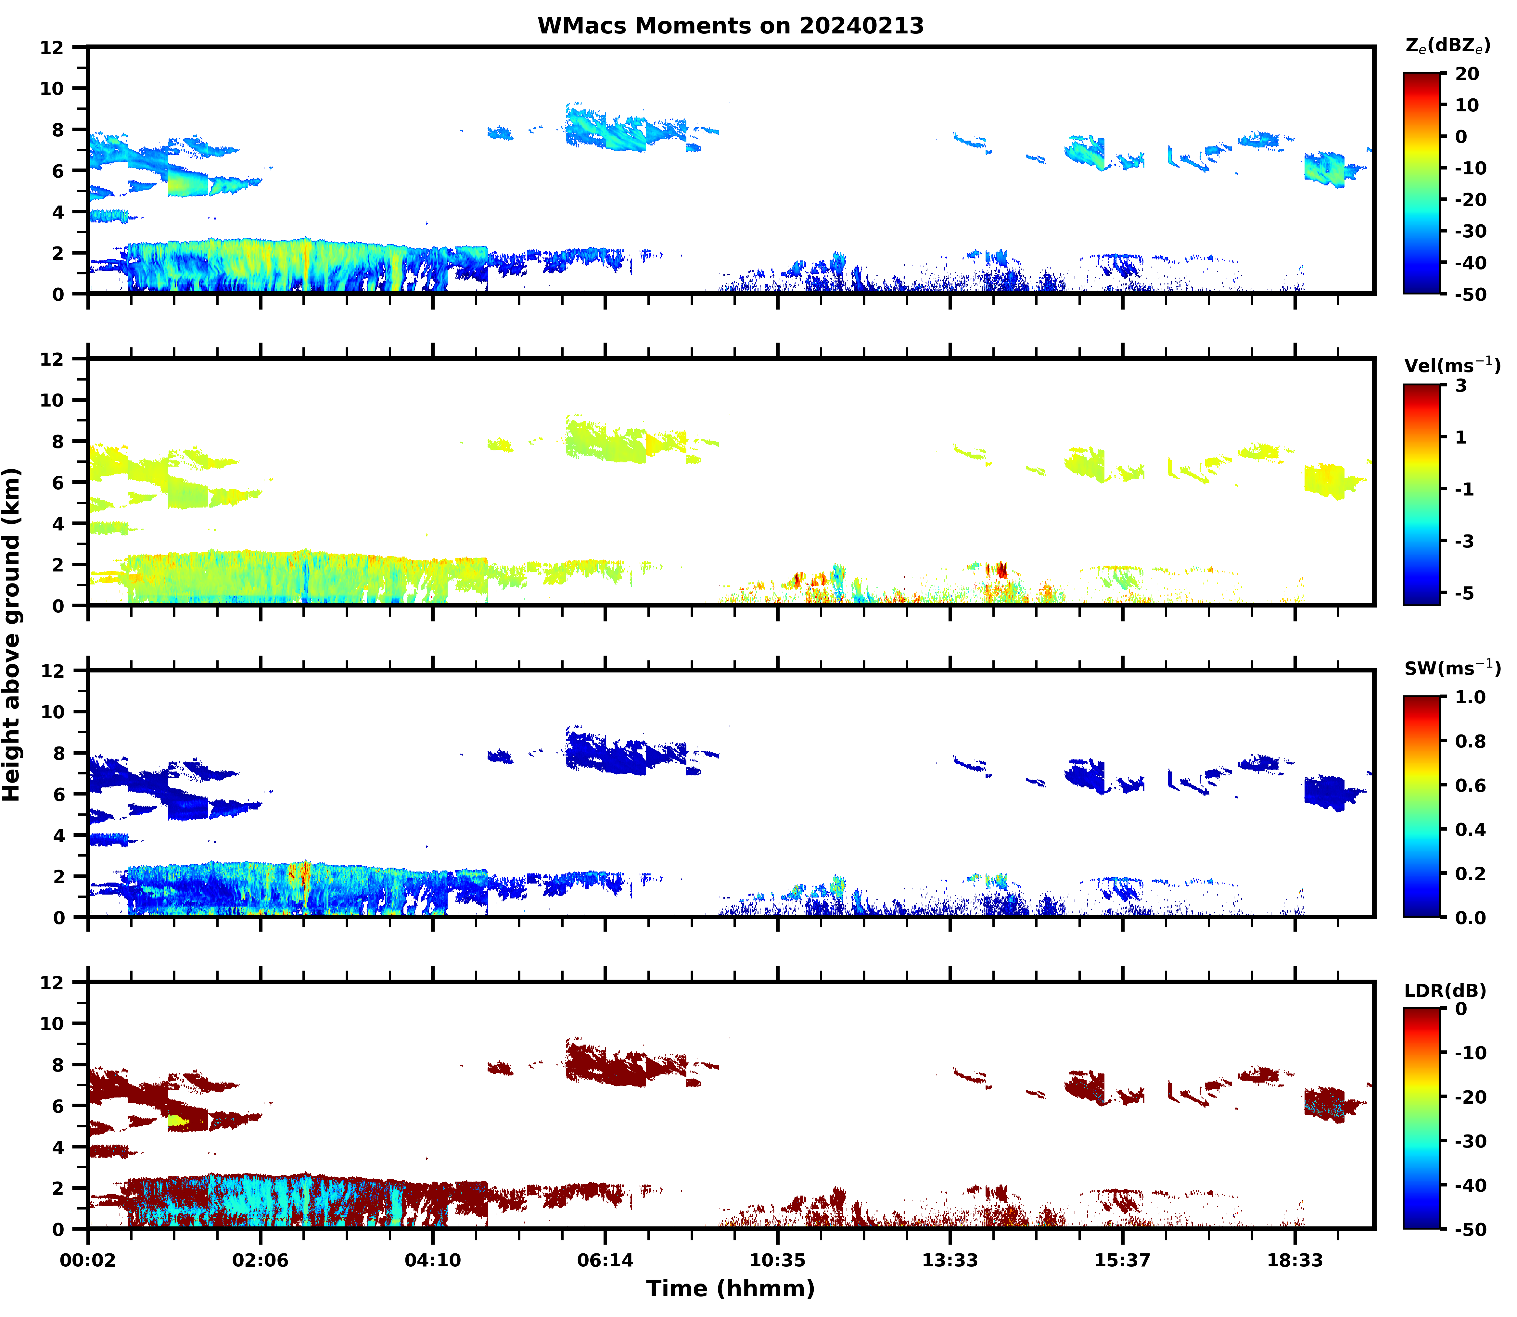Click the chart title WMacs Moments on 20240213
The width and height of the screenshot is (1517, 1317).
tap(730, 26)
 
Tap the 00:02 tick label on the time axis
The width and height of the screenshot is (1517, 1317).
tap(88, 1261)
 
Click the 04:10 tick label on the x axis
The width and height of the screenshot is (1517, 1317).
tap(432, 1261)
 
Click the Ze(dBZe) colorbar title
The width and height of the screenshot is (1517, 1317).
tap(1447, 45)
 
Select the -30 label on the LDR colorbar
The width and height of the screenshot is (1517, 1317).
tap(1471, 1141)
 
